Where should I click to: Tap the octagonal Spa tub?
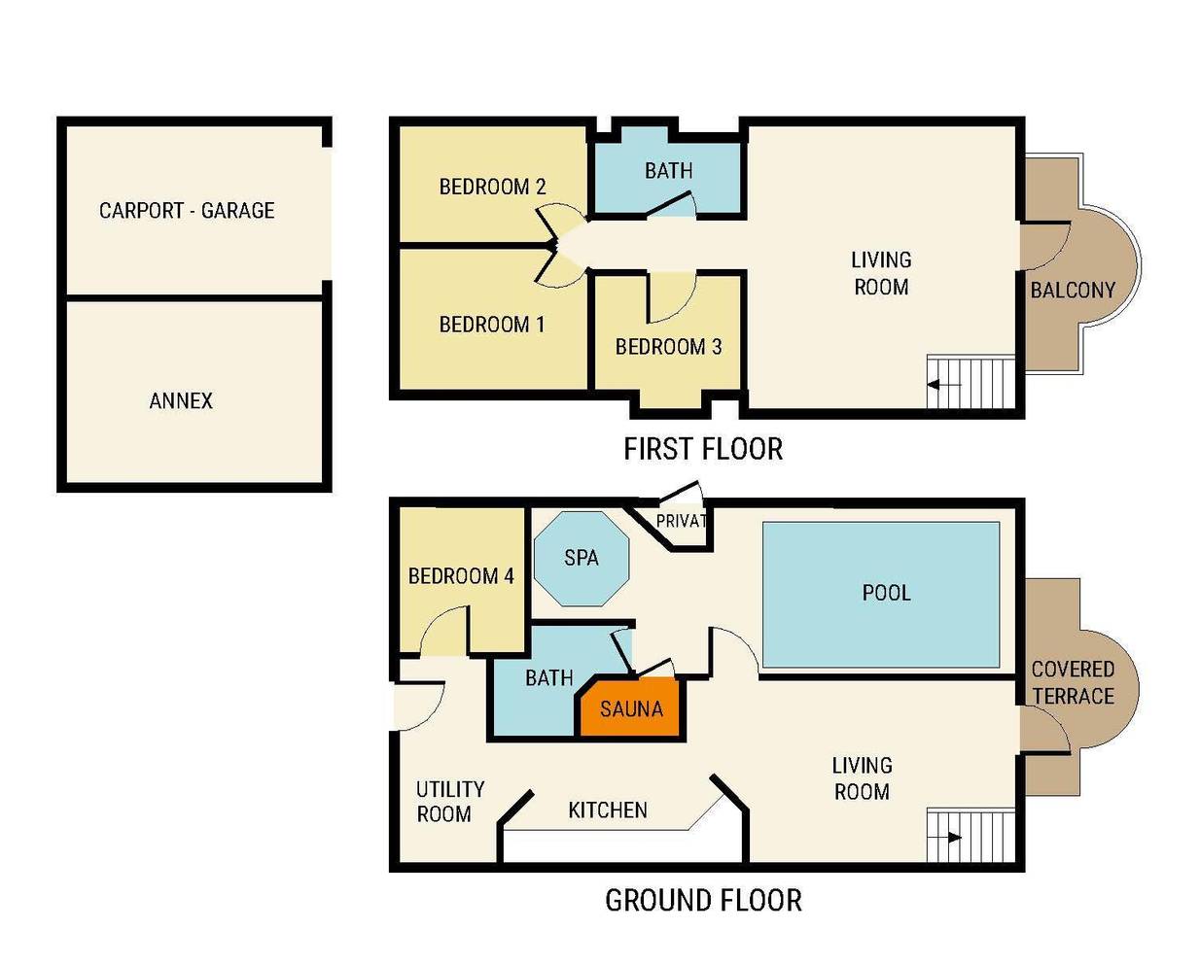582,558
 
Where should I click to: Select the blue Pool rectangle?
881,595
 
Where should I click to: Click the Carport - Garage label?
187,211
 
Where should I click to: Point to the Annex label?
181,400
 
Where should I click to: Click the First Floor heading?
703,449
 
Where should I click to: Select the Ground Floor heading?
703,900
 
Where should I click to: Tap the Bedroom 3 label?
669,347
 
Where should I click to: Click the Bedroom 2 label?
492,187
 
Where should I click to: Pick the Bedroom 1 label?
492,325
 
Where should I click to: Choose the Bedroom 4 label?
461,575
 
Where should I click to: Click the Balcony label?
1073,290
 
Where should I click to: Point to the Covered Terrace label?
1073,682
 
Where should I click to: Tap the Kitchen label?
608,810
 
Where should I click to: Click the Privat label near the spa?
682,521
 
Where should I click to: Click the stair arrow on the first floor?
944,385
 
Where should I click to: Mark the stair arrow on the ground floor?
944,837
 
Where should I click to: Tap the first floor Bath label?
669,170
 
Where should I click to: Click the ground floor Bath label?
549,677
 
